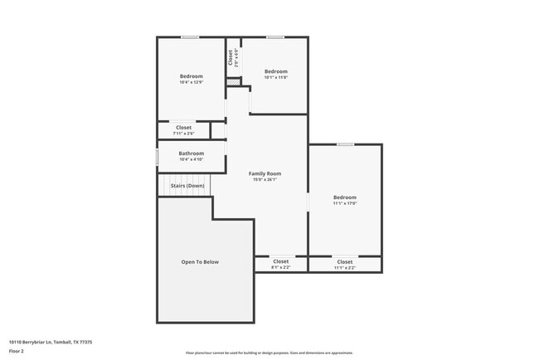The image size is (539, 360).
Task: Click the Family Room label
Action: (x=265, y=173)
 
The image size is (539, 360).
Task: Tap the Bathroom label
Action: (x=191, y=153)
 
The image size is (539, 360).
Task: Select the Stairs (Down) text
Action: (x=187, y=186)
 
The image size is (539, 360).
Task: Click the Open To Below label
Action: (x=200, y=262)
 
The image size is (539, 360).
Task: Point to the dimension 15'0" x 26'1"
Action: (x=265, y=179)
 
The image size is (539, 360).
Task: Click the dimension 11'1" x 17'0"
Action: (x=344, y=203)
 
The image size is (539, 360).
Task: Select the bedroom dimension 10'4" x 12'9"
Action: (x=191, y=82)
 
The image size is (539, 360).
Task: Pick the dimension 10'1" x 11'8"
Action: (x=275, y=78)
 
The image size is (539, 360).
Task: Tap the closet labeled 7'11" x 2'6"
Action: (x=183, y=133)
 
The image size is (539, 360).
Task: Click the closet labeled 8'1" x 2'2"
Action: (x=280, y=267)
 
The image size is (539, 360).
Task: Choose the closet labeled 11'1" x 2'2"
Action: (x=344, y=267)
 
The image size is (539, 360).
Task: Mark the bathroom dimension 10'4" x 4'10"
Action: (x=191, y=159)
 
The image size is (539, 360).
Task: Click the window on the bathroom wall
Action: (x=158, y=156)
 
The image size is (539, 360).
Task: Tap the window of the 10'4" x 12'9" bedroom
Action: (x=190, y=36)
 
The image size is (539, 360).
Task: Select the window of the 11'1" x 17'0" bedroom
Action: (x=345, y=144)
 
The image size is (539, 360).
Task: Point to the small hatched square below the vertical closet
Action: (x=234, y=82)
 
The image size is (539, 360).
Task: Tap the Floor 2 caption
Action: (x=17, y=350)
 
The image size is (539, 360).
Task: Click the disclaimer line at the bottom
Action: (x=269, y=353)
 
